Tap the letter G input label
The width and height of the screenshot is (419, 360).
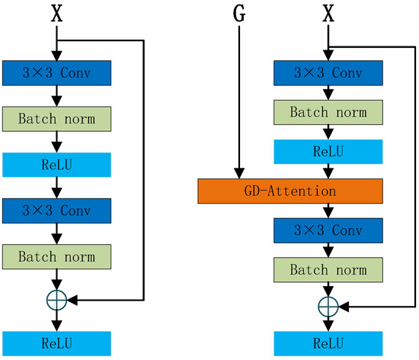pyautogui.click(x=240, y=13)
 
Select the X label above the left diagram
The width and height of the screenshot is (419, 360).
pyautogui.click(x=56, y=13)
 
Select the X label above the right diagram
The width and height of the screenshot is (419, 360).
pyautogui.click(x=328, y=13)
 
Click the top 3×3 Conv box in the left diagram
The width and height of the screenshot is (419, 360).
pyautogui.click(x=57, y=72)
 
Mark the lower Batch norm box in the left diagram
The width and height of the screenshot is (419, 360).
pyautogui.click(x=57, y=256)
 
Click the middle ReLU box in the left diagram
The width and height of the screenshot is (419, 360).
pyautogui.click(x=57, y=164)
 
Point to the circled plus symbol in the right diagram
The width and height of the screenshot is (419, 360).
pyautogui.click(x=328, y=306)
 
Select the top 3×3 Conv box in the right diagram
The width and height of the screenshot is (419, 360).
pyautogui.click(x=328, y=72)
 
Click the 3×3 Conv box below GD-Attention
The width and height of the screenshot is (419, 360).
pyautogui.click(x=328, y=230)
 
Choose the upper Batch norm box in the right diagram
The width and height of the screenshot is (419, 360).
pyautogui.click(x=328, y=112)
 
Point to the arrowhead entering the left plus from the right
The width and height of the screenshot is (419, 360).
pyautogui.click(x=73, y=300)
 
